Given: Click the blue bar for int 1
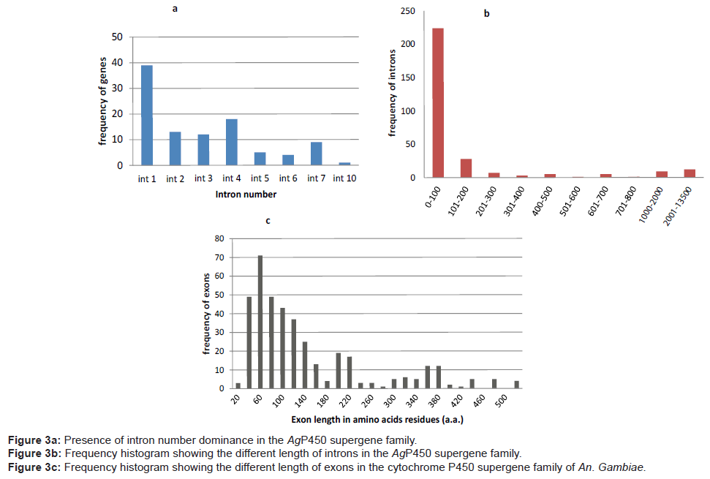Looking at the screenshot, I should point(147,116).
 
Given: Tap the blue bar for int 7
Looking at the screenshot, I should point(316,154).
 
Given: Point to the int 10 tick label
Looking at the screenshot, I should point(344,178).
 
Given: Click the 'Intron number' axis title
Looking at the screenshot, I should point(245,195).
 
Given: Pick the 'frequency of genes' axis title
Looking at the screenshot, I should point(103,101).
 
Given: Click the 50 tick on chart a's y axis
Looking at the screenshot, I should point(118,37).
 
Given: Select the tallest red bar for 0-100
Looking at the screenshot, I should point(438,102).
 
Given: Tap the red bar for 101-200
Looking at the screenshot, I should point(466,167).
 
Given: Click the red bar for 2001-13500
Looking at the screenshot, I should point(689,173).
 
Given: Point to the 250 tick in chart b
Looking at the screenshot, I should point(408,11).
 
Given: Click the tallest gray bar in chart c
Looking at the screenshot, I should point(260,322).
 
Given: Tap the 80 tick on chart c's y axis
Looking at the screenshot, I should point(218,238).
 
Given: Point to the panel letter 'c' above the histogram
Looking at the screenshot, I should point(268,219).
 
